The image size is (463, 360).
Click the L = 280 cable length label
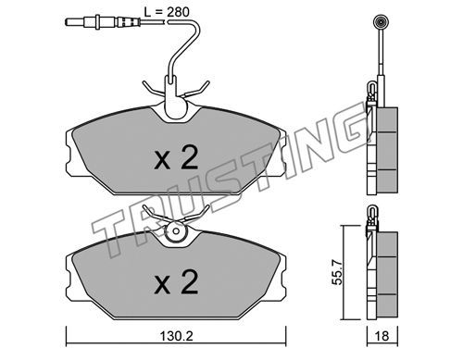pyautogui.click(x=167, y=12)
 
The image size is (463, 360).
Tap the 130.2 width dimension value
pyautogui.click(x=177, y=336)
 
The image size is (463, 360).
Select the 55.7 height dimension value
pyautogui.click(x=337, y=272)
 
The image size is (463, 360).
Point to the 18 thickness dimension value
pyautogui.click(x=382, y=336)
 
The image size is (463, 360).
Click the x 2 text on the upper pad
pyautogui.click(x=176, y=158)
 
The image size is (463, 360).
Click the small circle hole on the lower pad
pyautogui.click(x=176, y=231)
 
